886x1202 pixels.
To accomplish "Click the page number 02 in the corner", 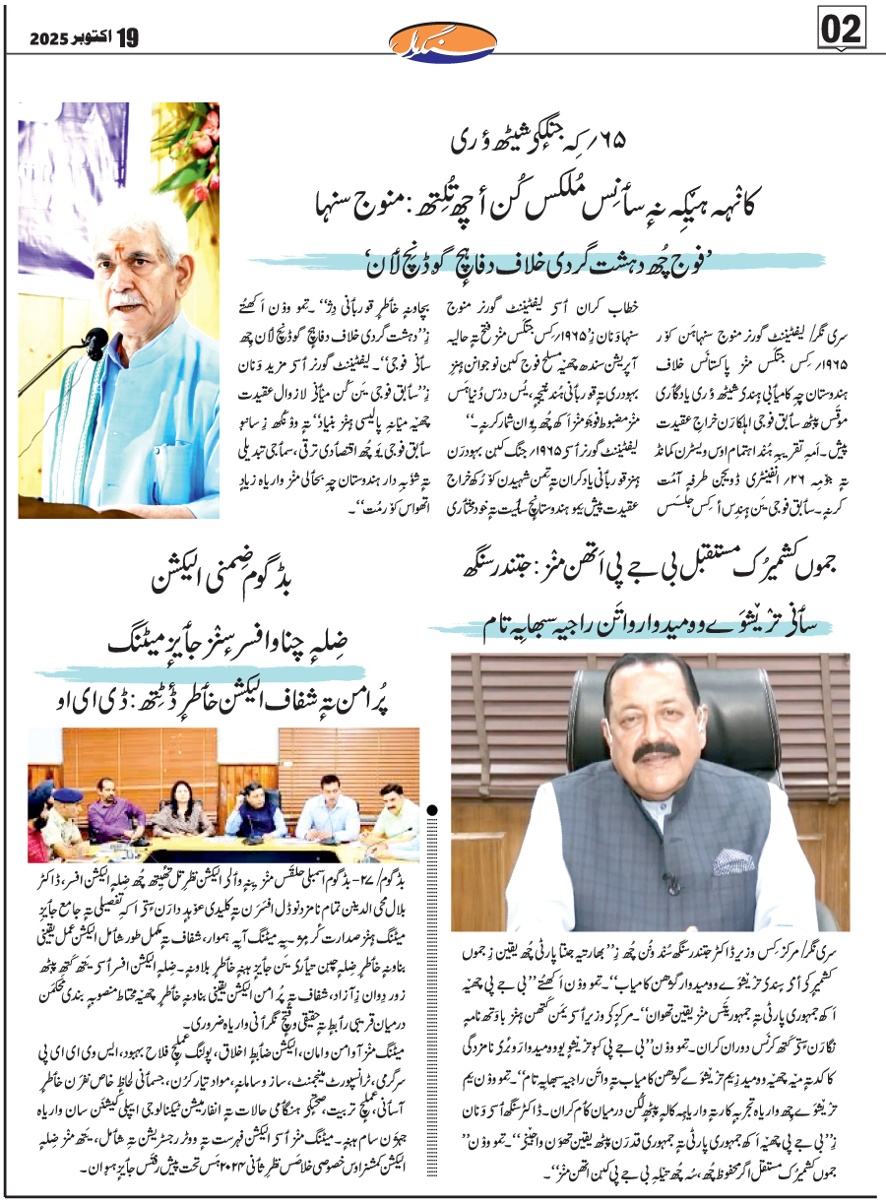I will point(843,31).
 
